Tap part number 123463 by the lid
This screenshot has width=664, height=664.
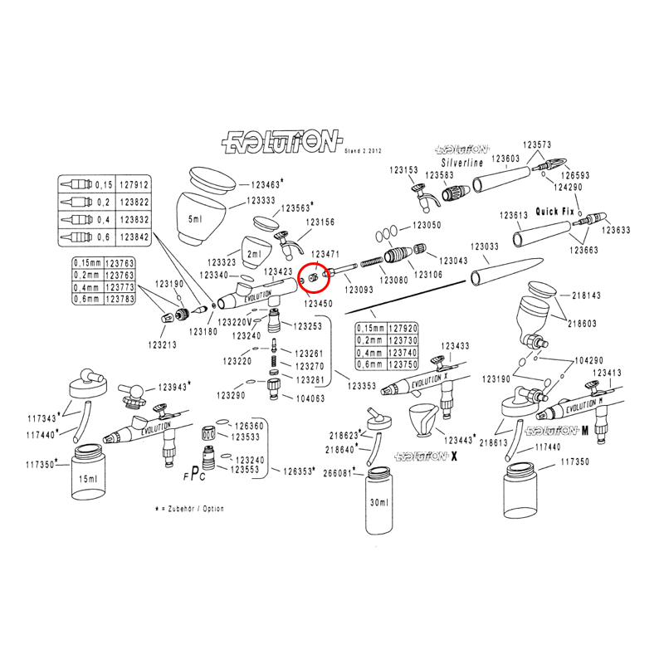pyautogui.click(x=265, y=184)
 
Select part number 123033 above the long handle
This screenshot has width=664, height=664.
pyautogui.click(x=484, y=247)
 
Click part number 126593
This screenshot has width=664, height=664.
pyautogui.click(x=574, y=175)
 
